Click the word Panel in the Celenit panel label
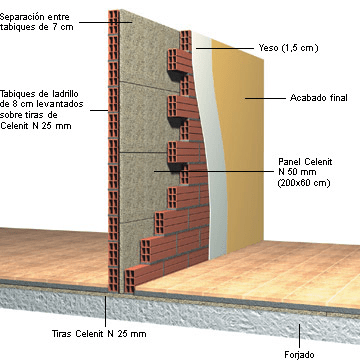click(292, 159)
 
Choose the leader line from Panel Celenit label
click(250, 165)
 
